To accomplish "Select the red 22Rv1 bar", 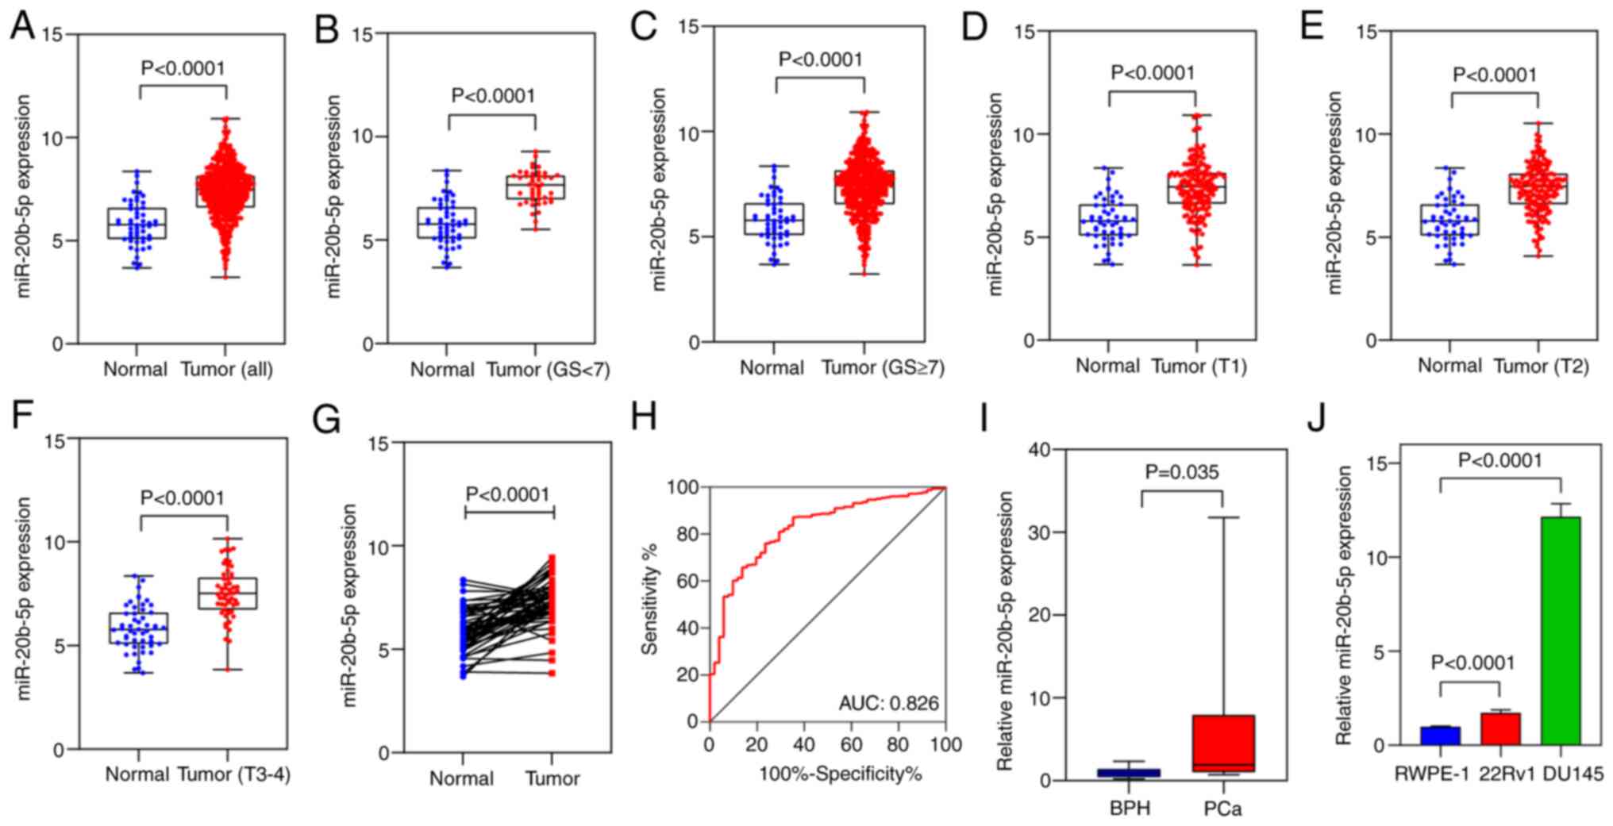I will tap(1499, 728).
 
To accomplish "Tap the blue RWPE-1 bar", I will tap(1440, 736).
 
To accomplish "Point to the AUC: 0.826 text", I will tap(888, 703).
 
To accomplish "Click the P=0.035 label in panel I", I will tap(1181, 473).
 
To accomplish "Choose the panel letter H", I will tap(643, 417).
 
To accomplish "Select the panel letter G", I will tap(326, 420).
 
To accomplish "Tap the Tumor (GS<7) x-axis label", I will tap(548, 370).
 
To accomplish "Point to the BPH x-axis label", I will tap(1130, 809).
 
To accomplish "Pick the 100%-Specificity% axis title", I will tap(841, 774).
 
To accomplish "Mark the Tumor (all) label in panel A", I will tap(226, 370).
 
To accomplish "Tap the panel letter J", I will tap(1316, 419).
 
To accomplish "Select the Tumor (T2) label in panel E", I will tap(1541, 367).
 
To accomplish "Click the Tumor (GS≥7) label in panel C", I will tap(883, 368).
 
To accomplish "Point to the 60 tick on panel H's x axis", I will tap(851, 744).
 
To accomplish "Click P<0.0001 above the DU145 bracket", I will tap(1500, 461).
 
